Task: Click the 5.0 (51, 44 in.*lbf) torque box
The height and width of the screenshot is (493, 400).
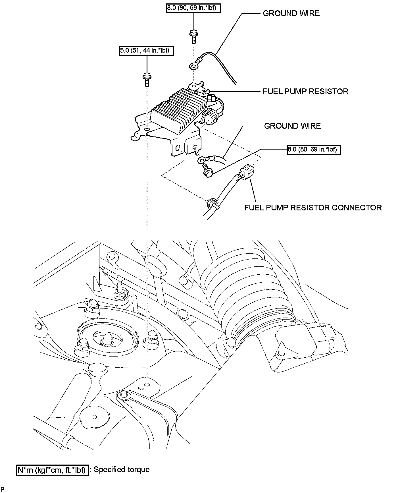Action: click(x=146, y=51)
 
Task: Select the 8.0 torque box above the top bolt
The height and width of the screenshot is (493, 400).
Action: click(x=193, y=8)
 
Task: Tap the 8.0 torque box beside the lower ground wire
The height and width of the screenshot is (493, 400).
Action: click(x=314, y=149)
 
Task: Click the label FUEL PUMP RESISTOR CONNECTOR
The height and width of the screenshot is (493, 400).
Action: click(x=313, y=208)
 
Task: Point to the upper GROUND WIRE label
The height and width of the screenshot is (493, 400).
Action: click(x=291, y=13)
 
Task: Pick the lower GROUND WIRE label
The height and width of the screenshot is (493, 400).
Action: click(x=292, y=126)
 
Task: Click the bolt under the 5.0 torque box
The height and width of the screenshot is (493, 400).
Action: click(x=146, y=79)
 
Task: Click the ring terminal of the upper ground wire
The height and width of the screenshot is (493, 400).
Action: click(x=193, y=67)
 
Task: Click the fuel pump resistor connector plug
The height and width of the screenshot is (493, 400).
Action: click(x=246, y=172)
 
